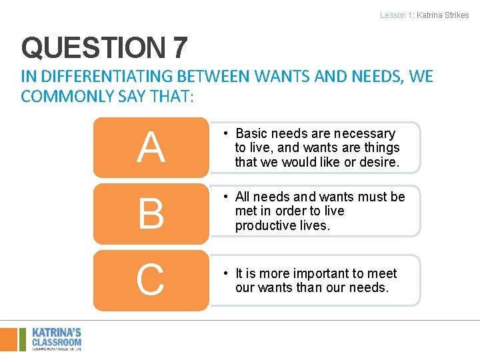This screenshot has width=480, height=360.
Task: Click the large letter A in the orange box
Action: pos(151,147)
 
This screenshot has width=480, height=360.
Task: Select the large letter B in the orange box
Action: pos(151,213)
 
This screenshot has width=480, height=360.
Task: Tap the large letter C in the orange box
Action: pos(151,280)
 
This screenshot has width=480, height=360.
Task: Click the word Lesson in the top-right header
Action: pos(392,15)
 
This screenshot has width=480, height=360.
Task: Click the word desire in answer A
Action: pos(379,162)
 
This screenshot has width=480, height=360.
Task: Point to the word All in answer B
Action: pos(242,197)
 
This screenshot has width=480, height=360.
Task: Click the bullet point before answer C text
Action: pos(227,274)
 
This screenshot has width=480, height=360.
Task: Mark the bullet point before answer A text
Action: pos(227,134)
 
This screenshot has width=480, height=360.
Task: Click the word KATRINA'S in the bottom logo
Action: pos(57,332)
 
